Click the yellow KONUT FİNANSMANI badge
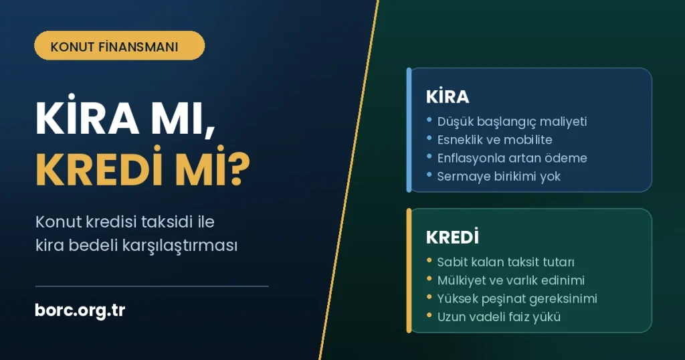click(x=119, y=46)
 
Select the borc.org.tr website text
click(x=80, y=310)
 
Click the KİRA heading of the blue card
click(x=448, y=96)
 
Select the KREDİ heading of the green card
click(x=452, y=237)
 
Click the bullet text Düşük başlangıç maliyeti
click(x=512, y=122)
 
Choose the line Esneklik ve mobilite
click(x=494, y=140)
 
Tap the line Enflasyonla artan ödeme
click(x=512, y=158)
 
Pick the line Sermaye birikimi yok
click(x=499, y=177)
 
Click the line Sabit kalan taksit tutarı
click(x=506, y=262)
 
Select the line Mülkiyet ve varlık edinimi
click(x=510, y=280)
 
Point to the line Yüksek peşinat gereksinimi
click(x=517, y=299)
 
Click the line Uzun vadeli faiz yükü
click(x=499, y=317)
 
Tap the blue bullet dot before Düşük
click(x=429, y=120)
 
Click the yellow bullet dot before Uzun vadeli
click(x=429, y=315)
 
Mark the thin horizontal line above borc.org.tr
click(x=152, y=286)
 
